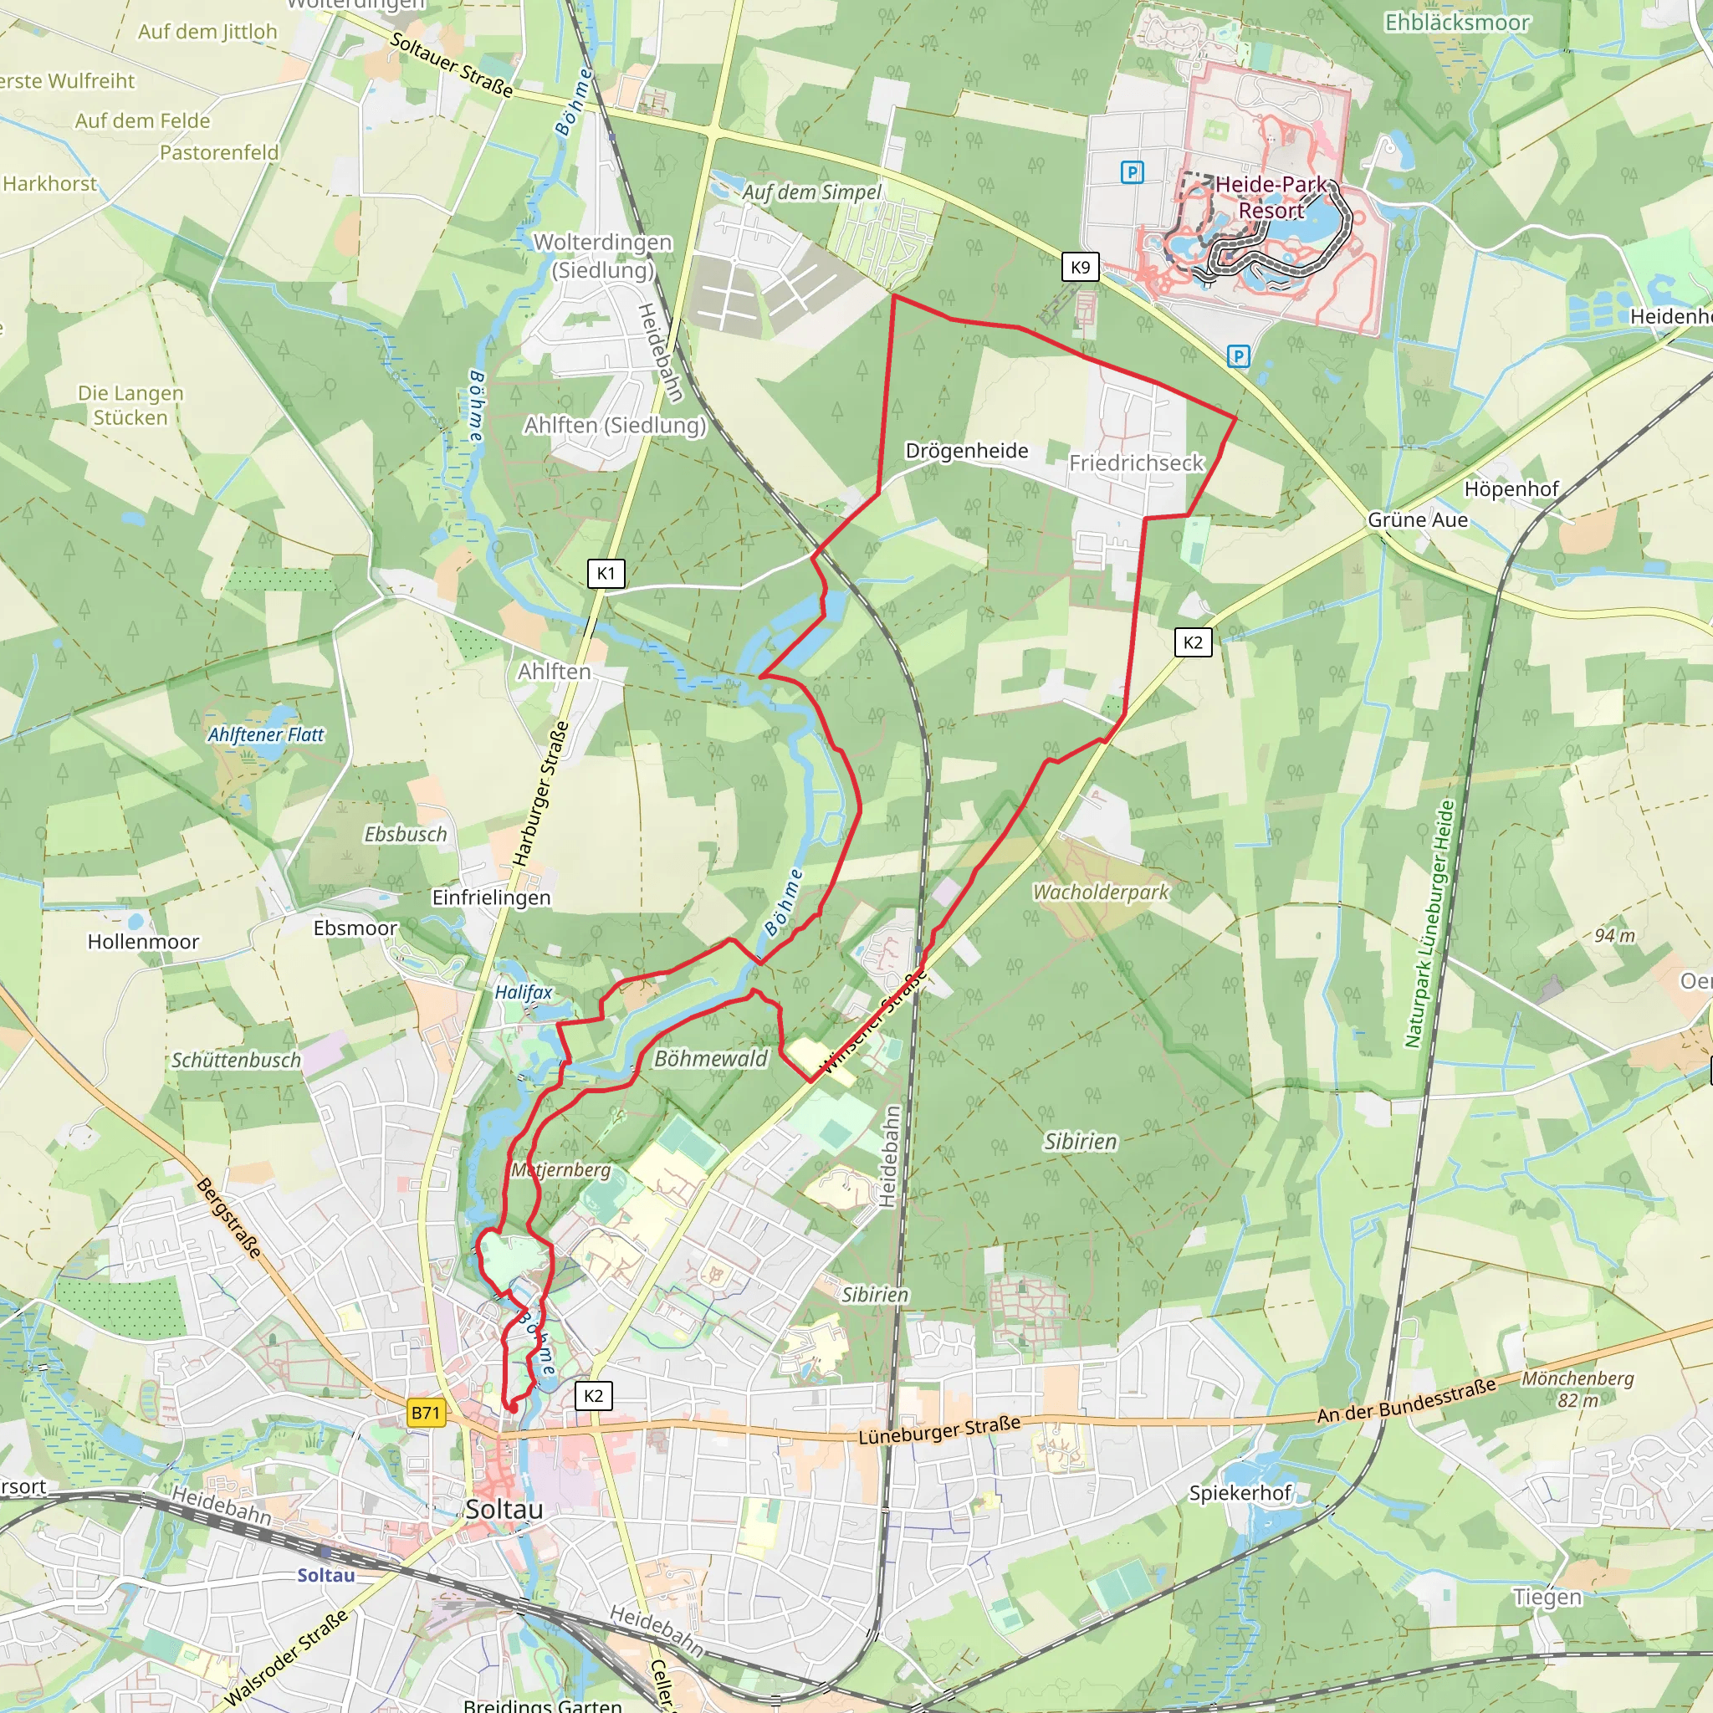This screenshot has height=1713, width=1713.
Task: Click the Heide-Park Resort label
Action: pos(1271,197)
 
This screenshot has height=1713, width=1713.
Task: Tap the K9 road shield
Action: pos(1080,267)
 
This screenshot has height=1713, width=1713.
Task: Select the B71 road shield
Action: pos(426,1413)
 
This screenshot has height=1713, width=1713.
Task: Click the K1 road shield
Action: pos(606,573)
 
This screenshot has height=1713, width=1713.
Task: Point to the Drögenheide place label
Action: pos(966,451)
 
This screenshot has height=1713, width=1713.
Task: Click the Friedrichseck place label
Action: pos(1136,463)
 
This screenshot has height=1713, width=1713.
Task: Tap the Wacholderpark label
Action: pos(1101,892)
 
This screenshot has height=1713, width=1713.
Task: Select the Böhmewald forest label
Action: pos(710,1059)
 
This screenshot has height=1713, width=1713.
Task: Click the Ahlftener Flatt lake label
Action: pos(266,734)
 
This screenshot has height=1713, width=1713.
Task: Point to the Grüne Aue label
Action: pos(1417,519)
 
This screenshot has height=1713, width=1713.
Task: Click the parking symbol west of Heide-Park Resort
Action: pos(1132,172)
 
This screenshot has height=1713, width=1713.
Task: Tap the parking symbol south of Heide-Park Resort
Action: pos(1239,356)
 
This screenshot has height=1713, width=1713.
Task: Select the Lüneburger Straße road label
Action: pos(939,1430)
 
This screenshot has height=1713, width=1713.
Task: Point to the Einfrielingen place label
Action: pos(491,897)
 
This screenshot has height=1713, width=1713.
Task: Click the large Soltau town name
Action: pos(504,1508)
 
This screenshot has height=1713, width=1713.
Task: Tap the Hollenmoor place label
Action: pos(143,942)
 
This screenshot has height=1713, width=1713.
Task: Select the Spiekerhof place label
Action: pos(1240,1492)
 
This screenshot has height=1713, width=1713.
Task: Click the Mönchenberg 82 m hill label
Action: pos(1577,1388)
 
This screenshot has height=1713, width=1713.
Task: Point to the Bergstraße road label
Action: pos(230,1217)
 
